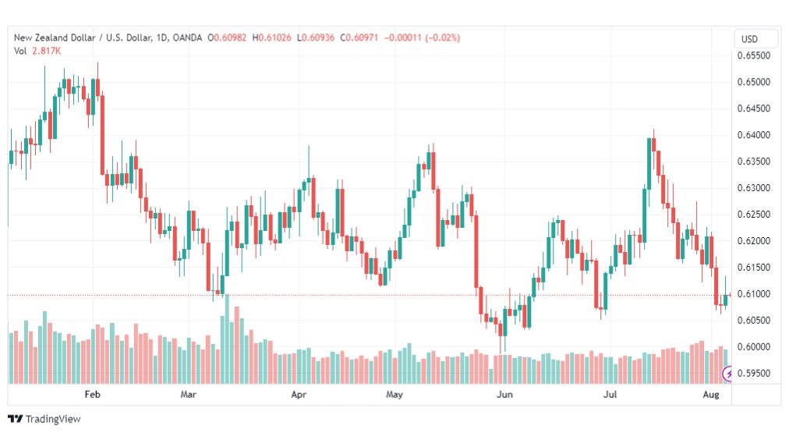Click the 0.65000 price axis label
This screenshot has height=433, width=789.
pyautogui.click(x=753, y=82)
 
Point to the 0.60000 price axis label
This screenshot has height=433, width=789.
pyautogui.click(x=753, y=347)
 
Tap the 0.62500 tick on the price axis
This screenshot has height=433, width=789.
pyautogui.click(x=753, y=215)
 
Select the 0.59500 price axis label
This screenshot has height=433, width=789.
pyautogui.click(x=753, y=374)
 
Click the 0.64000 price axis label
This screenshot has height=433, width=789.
pyautogui.click(x=753, y=135)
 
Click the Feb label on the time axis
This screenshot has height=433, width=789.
pyautogui.click(x=92, y=394)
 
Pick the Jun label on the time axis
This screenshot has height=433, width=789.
pyautogui.click(x=504, y=394)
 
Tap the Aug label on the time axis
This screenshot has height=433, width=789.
pyautogui.click(x=711, y=394)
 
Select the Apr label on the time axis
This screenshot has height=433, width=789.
pyautogui.click(x=299, y=394)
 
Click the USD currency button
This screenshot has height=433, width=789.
pyautogui.click(x=749, y=39)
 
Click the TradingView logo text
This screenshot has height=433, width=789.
pyautogui.click(x=53, y=419)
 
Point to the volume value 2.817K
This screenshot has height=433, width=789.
pyautogui.click(x=46, y=51)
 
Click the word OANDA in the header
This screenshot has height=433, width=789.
pyautogui.click(x=187, y=37)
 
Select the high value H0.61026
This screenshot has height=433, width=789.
pyautogui.click(x=272, y=37)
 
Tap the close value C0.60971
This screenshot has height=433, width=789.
pyautogui.click(x=359, y=37)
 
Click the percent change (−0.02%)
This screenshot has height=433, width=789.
pyautogui.click(x=443, y=37)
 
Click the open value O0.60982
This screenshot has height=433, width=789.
pyautogui.click(x=228, y=37)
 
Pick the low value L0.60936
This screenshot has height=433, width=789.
pyautogui.click(x=316, y=37)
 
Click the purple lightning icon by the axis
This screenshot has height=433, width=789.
pyautogui.click(x=727, y=374)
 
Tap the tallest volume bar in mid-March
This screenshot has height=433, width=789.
pyautogui.click(x=227, y=339)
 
